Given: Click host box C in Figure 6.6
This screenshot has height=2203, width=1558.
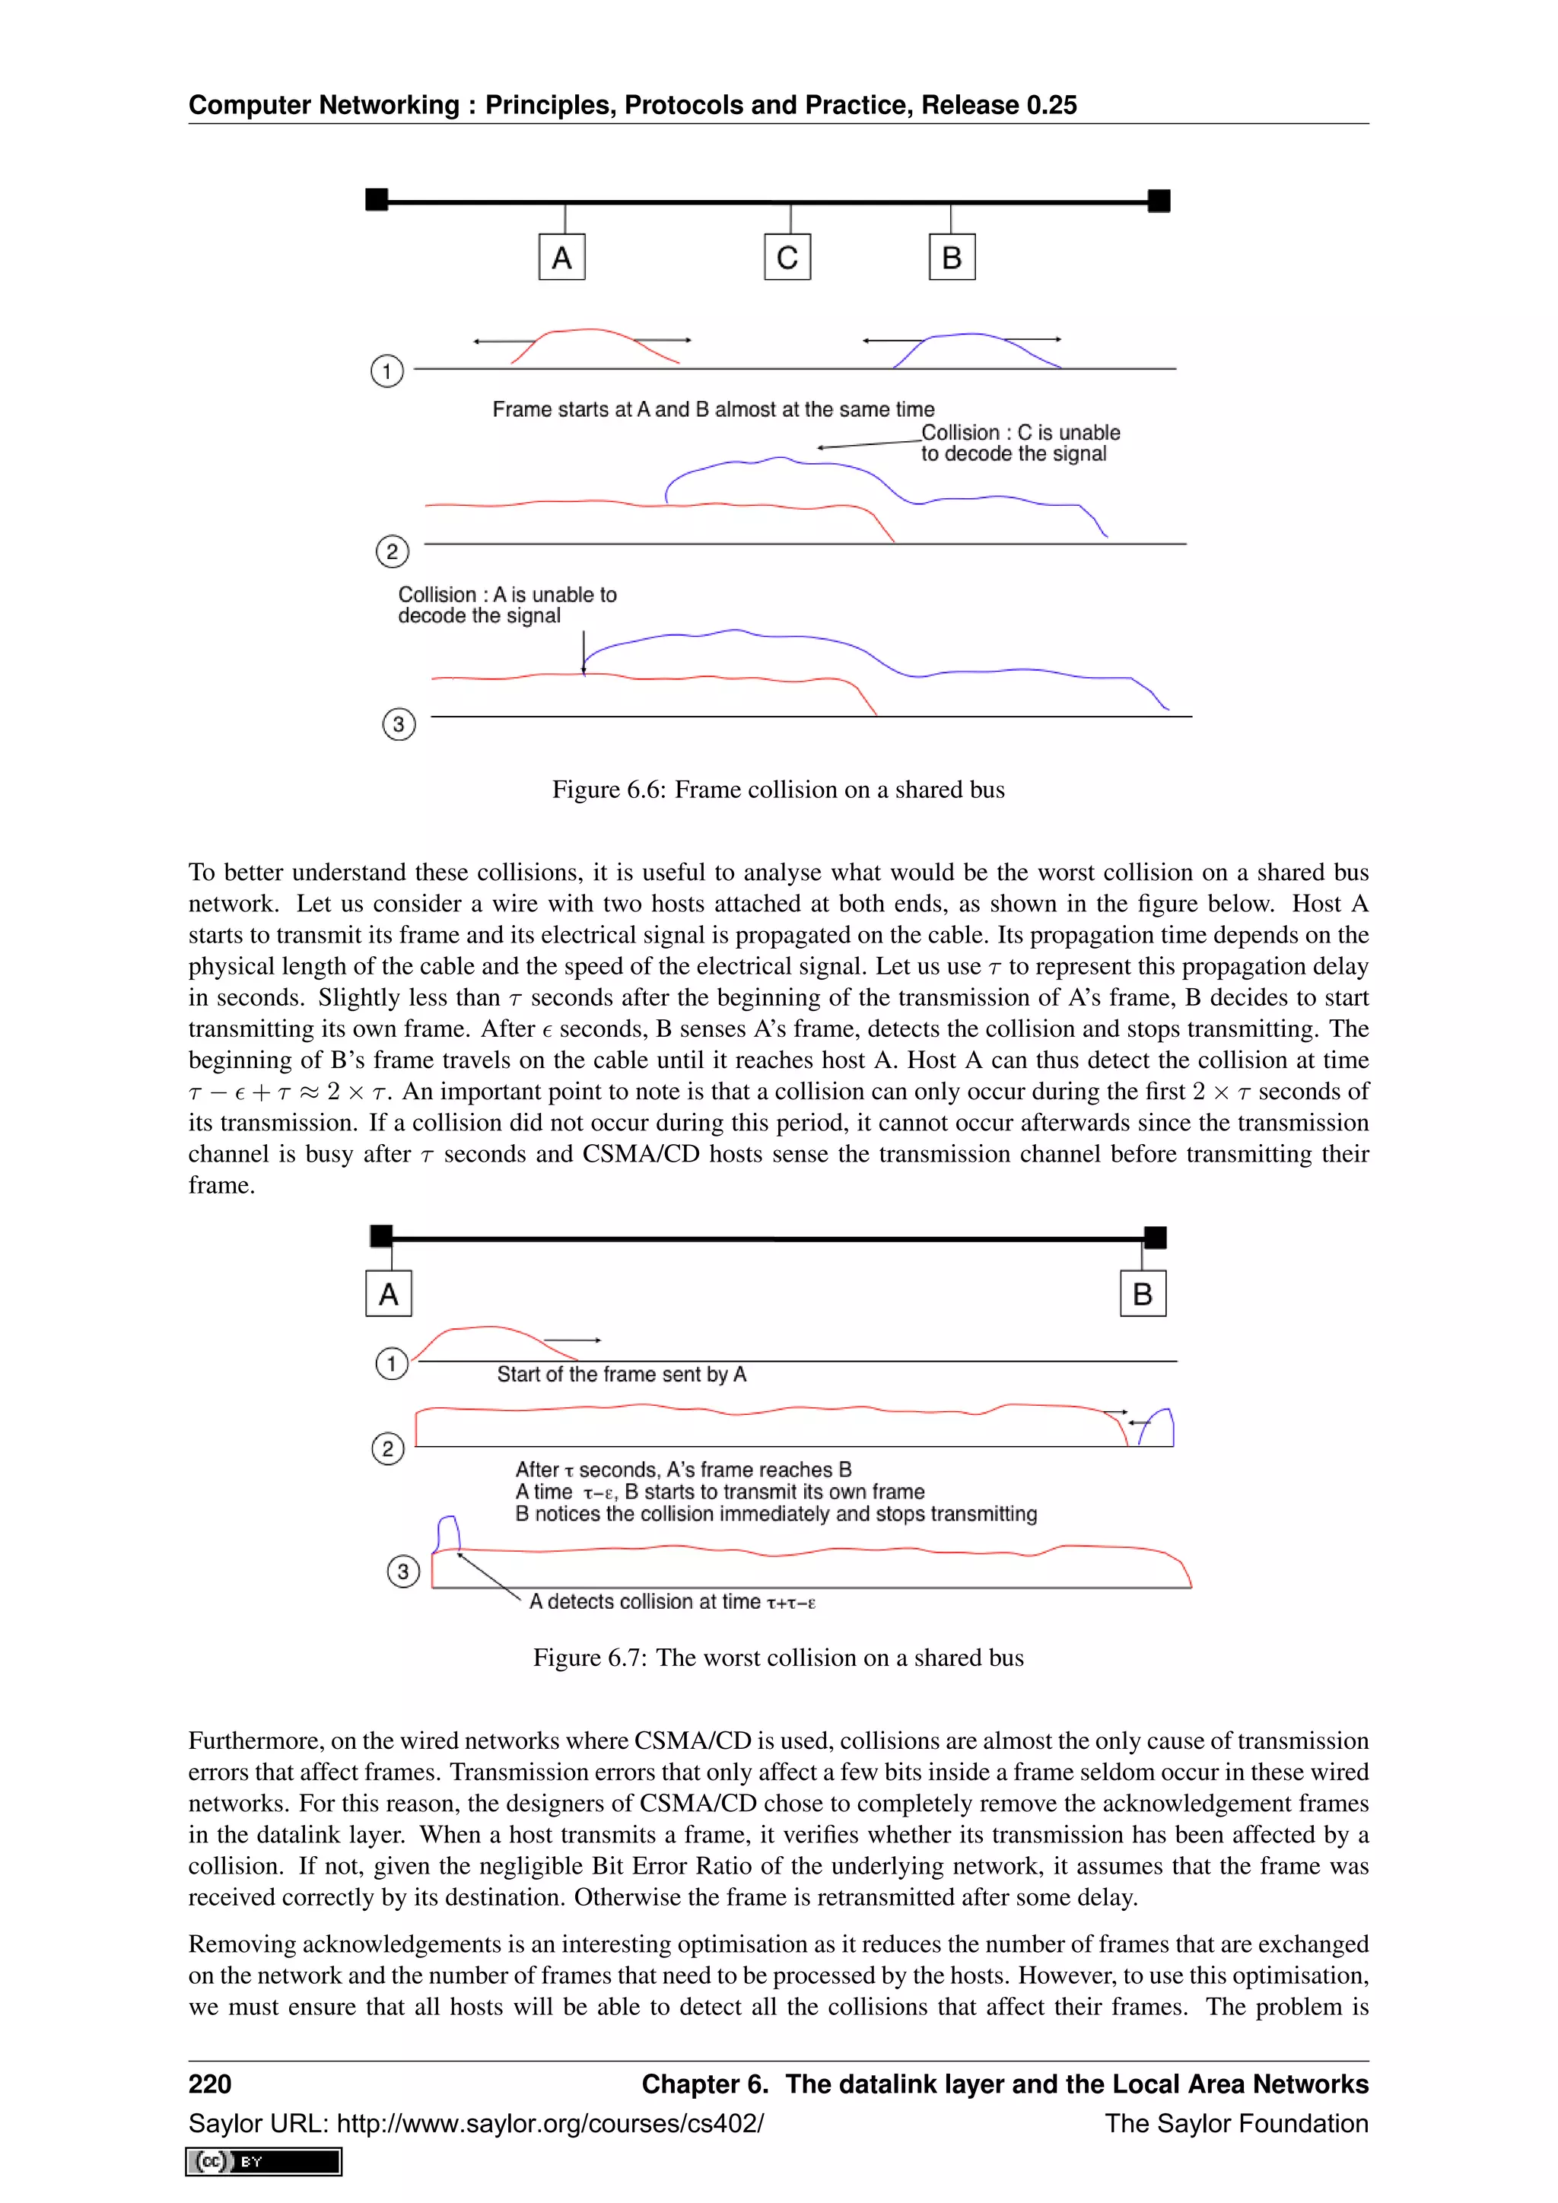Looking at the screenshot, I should coord(787,257).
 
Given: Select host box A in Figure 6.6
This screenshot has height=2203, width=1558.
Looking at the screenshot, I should coord(561,257).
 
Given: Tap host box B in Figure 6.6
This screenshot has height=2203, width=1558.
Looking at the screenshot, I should coord(952,257).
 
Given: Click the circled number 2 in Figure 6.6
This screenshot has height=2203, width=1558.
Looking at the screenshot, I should coord(392,552).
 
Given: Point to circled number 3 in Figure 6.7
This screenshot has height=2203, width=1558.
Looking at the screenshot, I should coord(403,1572).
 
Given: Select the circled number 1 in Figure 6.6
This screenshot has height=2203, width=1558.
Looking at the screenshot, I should coord(386,371).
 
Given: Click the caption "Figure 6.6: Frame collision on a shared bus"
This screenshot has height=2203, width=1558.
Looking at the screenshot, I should coord(778,790).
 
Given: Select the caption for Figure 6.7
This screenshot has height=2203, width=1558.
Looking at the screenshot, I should coord(778,1658).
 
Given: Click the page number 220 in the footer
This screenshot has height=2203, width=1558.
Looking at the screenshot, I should coord(210,2084).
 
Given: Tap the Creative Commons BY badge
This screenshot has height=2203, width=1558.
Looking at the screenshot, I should coord(264,2162).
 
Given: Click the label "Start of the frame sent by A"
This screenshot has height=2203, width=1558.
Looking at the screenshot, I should coord(621,1375).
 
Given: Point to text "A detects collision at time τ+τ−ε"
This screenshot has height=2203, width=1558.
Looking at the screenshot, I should coord(672,1601).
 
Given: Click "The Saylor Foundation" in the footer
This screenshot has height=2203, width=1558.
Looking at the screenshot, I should coord(1235,2123).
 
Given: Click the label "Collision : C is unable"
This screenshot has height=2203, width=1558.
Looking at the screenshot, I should coord(1020,433).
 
